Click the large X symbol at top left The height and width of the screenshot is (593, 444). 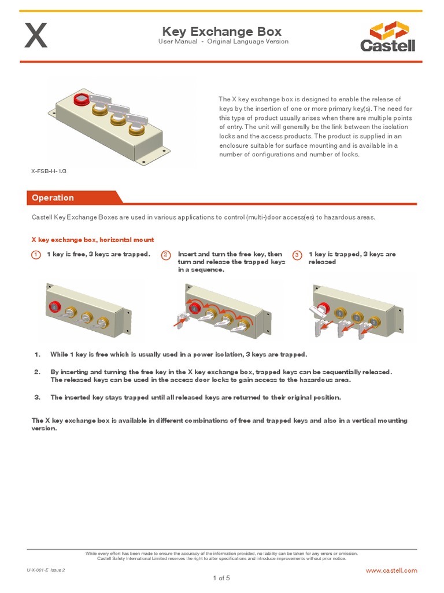pyautogui.click(x=35, y=36)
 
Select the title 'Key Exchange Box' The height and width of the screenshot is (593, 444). pyautogui.click(x=222, y=31)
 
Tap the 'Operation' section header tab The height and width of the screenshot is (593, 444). pyautogui.click(x=53, y=197)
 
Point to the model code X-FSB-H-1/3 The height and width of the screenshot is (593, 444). pyautogui.click(x=45, y=171)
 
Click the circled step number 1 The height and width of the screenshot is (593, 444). pyautogui.click(x=35, y=255)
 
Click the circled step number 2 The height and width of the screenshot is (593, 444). pyautogui.click(x=166, y=255)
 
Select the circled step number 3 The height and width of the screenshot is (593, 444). pyautogui.click(x=297, y=255)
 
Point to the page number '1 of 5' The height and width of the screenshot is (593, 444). pyautogui.click(x=221, y=578)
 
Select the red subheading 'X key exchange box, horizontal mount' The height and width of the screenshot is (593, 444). pyautogui.click(x=92, y=239)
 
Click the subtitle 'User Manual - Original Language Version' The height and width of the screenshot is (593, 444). pyautogui.click(x=223, y=42)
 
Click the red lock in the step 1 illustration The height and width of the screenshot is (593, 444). pyautogui.click(x=56, y=306)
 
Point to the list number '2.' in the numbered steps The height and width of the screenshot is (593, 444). pyautogui.click(x=37, y=372)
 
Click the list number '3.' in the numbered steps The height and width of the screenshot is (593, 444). pyautogui.click(x=37, y=397)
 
